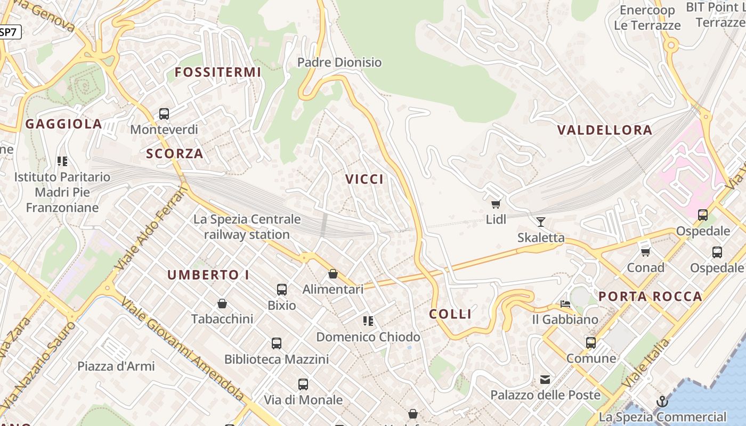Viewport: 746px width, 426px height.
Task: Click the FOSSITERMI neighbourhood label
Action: (218, 72)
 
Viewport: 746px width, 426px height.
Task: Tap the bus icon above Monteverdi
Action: (164, 114)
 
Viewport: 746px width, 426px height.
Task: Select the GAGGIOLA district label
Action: (63, 124)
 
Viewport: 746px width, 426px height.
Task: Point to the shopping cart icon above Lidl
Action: (496, 204)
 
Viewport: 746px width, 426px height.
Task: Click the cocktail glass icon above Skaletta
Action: (541, 222)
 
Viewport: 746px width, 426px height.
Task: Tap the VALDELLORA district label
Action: (605, 130)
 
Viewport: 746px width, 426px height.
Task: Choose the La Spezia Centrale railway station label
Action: (247, 227)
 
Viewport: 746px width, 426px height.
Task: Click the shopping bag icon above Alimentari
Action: (333, 274)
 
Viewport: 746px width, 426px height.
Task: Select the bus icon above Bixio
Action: (282, 290)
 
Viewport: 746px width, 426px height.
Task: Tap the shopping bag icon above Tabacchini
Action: (222, 304)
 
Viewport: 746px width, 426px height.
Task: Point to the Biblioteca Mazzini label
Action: (276, 359)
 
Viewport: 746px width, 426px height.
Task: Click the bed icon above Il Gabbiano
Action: (565, 304)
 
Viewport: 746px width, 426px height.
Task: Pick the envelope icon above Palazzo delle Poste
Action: (545, 380)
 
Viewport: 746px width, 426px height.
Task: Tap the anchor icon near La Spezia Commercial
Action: (662, 402)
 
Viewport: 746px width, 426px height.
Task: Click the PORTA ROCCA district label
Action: (650, 297)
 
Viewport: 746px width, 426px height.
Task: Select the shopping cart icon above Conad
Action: (645, 252)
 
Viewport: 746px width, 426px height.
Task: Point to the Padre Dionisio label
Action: (339, 62)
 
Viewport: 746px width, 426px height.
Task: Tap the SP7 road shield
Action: (9, 32)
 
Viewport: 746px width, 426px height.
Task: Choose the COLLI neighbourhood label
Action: (450, 314)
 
